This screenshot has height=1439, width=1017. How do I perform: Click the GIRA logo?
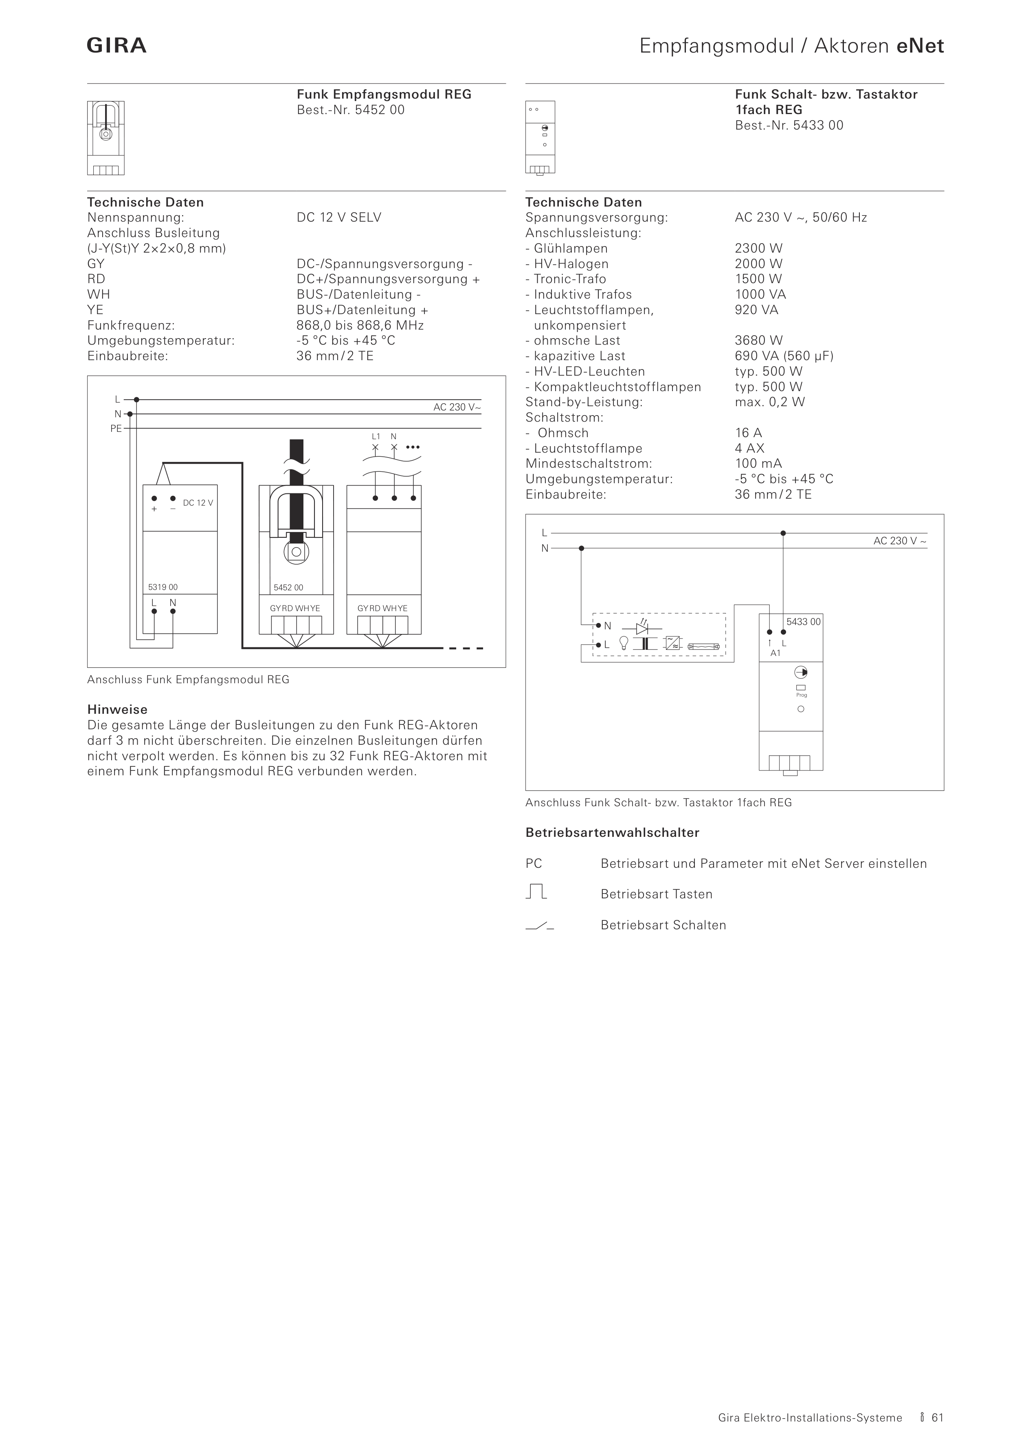point(116,46)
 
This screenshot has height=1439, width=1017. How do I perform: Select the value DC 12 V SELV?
point(338,218)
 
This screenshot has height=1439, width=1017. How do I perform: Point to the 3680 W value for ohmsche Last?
point(758,340)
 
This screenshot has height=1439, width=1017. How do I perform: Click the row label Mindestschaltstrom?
point(589,464)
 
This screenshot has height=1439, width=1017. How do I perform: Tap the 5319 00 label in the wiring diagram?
point(163,587)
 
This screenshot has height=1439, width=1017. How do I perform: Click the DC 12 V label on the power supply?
point(198,503)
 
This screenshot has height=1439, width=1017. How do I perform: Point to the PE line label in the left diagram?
point(116,429)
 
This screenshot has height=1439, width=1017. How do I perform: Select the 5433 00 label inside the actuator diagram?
point(803,622)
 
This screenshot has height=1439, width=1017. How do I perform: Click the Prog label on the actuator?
point(802,695)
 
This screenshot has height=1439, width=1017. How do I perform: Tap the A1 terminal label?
point(775,653)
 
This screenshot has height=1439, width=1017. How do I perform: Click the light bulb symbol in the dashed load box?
point(624,643)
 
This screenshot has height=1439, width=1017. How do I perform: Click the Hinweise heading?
point(117,709)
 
